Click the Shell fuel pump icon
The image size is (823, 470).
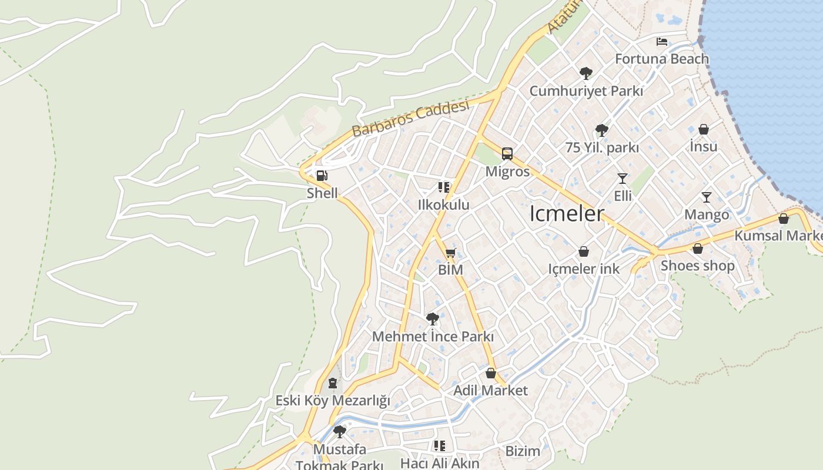pos(322,176)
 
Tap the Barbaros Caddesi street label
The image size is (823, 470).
pos(411,119)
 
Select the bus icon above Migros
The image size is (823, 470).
pos(507,154)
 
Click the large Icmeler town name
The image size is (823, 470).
pos(567,214)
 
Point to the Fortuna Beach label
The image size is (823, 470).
pos(662,59)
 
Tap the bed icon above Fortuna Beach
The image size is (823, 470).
pos(662,42)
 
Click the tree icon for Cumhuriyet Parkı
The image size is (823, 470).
pos(586,73)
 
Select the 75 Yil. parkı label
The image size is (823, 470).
pos(602,147)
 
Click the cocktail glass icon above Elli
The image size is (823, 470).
pos(623,178)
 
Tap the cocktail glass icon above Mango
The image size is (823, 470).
pos(707,197)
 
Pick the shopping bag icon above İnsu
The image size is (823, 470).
pos(704,129)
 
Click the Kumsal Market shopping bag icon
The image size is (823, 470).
pos(783,219)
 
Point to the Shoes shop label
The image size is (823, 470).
pos(698,266)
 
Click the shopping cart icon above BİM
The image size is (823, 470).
pos(451,253)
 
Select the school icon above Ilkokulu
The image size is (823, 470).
pos(443,187)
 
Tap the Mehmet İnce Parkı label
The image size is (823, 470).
pos(433,337)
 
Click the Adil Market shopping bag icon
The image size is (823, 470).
pos(491,373)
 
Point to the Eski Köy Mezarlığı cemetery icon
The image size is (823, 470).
pos(333,383)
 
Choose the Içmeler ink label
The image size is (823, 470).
pos(584,268)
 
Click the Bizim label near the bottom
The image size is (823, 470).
pos(523,451)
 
